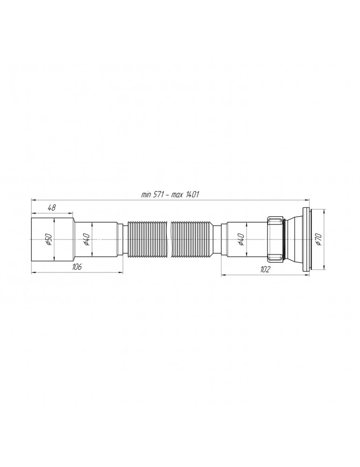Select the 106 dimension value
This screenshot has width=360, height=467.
click(78, 267)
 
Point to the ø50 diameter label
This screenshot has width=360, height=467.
click(48, 239)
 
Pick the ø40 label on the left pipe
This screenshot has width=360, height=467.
click(86, 239)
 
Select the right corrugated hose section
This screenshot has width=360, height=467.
click(191, 239)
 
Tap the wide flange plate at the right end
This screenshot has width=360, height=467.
click(307, 239)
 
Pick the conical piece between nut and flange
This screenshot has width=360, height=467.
click(292, 239)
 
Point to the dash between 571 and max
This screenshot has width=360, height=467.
click(169, 194)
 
